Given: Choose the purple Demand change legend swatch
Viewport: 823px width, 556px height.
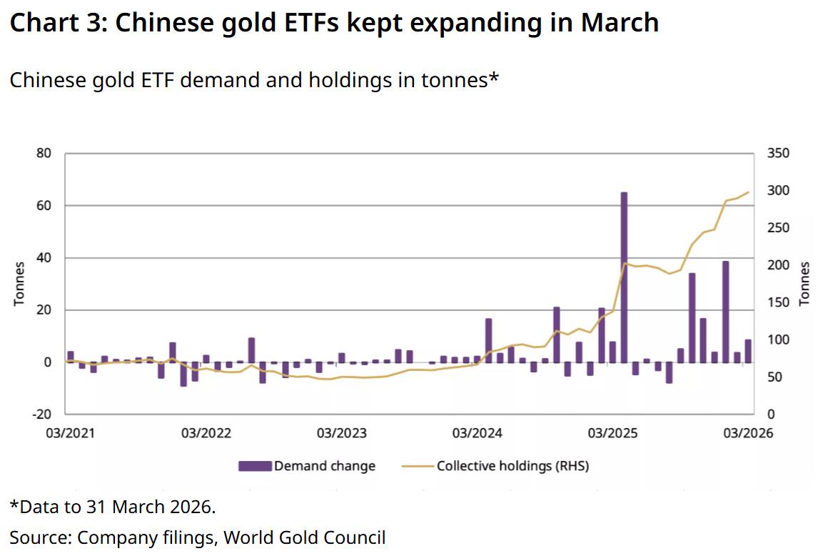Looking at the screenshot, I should (x=255, y=466).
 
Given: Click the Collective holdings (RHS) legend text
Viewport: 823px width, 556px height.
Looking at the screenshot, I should (x=513, y=466).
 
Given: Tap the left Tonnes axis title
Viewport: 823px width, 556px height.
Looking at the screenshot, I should (x=19, y=284).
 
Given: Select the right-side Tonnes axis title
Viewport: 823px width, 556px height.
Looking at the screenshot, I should (x=804, y=284).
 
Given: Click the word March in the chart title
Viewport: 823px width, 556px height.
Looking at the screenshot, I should (x=619, y=23).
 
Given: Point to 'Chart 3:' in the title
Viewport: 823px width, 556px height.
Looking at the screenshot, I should (x=56, y=23).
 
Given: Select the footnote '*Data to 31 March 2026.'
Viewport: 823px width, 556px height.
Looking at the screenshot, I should (x=112, y=507).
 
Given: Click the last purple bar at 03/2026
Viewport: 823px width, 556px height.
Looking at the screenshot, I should (x=748, y=351).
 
